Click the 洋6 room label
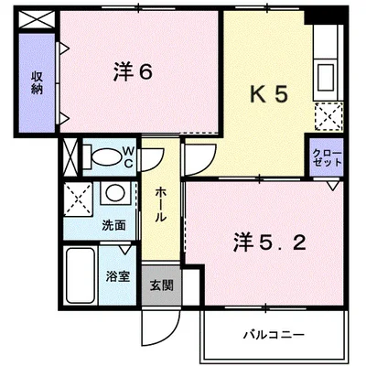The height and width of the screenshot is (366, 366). point(133,72)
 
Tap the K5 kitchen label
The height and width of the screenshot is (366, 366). point(269,94)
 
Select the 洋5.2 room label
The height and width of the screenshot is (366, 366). point(270,242)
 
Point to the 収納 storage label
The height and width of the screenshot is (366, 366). point(37,82)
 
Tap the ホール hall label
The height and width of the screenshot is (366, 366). point(161,204)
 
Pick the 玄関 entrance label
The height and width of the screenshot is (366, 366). point(162,285)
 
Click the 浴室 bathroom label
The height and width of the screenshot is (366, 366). point(118,276)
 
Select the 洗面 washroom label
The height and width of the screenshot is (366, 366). point(113,225)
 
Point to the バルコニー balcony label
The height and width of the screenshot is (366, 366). point(274,335)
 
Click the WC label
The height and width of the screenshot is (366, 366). point(128,157)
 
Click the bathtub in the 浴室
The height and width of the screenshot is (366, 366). point(81,275)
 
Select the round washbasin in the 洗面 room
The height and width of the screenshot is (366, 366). point(115,192)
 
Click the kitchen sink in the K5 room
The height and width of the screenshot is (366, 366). point(326,77)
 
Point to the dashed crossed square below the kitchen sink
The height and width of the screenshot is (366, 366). point(328,116)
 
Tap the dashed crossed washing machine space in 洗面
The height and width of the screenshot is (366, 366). point(79,199)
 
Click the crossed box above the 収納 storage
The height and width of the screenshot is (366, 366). point(37,19)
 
